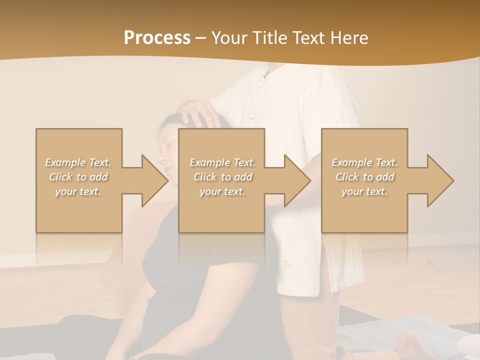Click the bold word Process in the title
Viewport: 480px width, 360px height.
tap(157, 37)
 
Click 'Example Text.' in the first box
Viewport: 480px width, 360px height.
tap(78, 162)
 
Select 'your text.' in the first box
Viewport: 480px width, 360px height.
tap(78, 191)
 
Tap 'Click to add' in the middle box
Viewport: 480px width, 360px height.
tap(222, 177)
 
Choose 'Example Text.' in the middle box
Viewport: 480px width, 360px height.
tap(222, 162)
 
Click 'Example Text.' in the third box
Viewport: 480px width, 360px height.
tap(364, 162)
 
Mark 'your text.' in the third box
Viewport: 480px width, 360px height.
tap(364, 191)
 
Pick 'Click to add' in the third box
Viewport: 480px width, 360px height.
tap(364, 177)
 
